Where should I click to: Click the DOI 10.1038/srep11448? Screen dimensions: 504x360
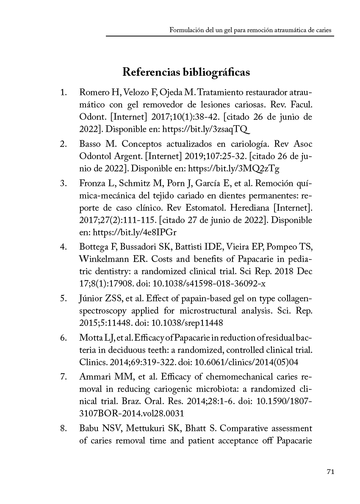[x=193, y=322]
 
